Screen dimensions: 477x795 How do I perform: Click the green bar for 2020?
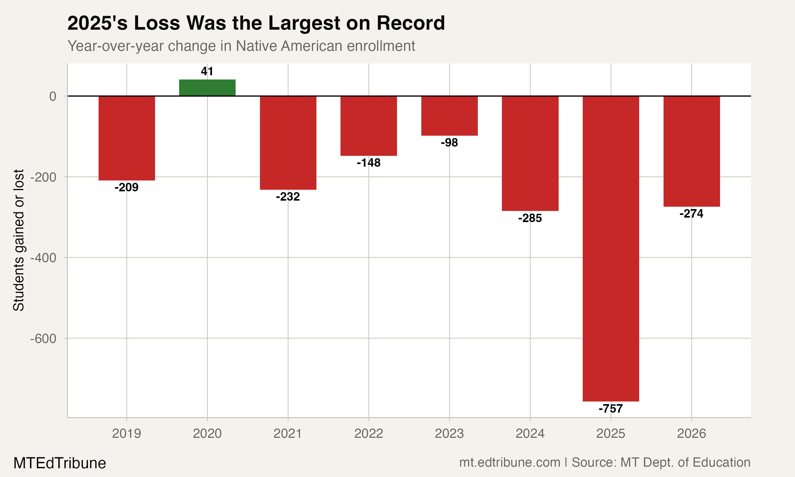pos(207,87)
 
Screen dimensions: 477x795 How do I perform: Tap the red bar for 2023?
pos(449,116)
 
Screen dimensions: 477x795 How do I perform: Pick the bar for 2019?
pos(127,138)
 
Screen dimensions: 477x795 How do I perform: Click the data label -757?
pos(611,409)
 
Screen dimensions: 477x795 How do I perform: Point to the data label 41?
pos(207,71)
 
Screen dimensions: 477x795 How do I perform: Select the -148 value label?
pos(369,163)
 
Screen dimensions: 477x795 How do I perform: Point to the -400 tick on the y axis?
pos(43,258)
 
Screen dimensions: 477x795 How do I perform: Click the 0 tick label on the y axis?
pos(53,96)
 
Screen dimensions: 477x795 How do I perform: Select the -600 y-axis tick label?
pos(43,338)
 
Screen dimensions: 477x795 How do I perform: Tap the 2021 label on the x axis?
pos(288,434)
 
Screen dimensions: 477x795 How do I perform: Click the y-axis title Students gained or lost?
pos(19,240)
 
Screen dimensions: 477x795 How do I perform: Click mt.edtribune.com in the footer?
pos(510,462)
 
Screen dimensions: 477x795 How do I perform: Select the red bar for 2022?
pos(369,126)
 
